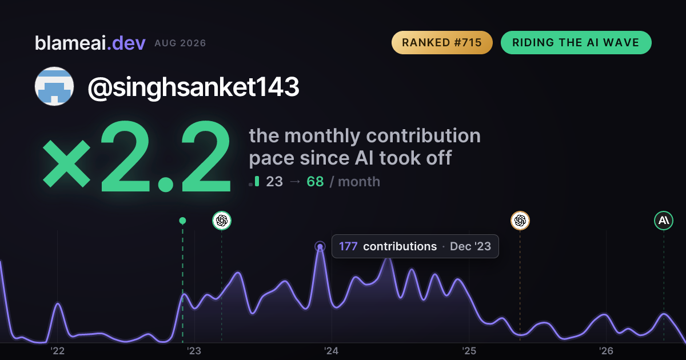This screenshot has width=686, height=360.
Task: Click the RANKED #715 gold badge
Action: coord(442,42)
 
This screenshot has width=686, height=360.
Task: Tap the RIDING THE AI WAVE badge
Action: coord(576,42)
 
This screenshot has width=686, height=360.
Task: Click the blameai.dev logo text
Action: coord(90,43)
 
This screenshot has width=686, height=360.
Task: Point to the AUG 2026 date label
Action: coord(180,43)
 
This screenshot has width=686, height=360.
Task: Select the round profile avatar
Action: coord(54,86)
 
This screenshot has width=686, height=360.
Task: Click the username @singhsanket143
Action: coord(193,87)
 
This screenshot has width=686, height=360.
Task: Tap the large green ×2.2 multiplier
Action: coord(137,156)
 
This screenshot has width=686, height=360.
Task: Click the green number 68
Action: coord(315,182)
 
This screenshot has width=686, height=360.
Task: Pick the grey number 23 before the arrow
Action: coord(274,182)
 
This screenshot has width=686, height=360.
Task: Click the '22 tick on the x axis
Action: coord(57,351)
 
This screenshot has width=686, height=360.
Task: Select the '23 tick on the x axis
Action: coord(194,351)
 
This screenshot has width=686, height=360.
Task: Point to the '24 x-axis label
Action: coord(332,351)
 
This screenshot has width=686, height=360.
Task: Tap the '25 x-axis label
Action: coord(469,351)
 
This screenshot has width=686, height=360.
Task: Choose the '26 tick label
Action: coord(606,351)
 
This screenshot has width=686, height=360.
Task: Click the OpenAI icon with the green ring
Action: coord(222,221)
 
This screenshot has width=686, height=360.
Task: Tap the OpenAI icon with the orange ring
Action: coord(520,221)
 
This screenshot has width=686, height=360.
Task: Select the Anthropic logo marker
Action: coord(664,221)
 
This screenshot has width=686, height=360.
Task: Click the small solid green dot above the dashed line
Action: coord(182,221)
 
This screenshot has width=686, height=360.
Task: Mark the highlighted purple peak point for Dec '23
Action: coord(320,246)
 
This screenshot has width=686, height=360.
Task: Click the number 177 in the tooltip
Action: coord(348,246)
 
